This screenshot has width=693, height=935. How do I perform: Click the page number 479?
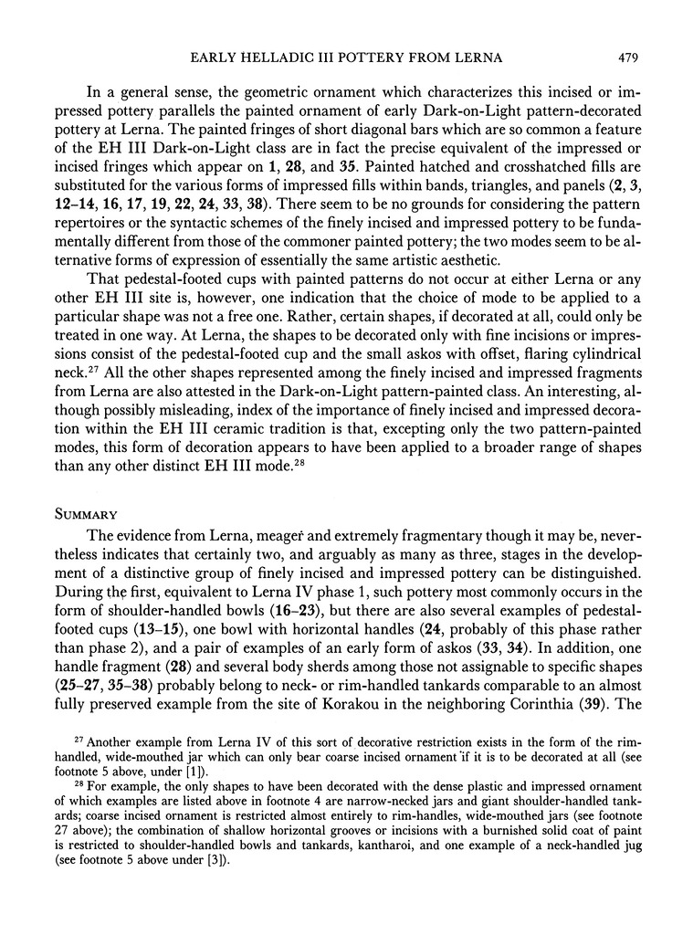(x=625, y=59)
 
